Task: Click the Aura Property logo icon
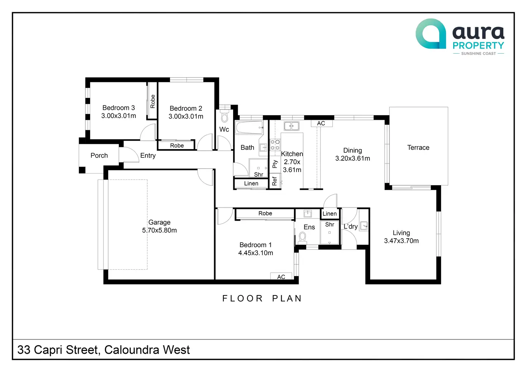431,34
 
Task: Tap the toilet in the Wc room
224,117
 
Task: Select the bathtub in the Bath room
250,127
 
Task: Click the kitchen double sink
291,126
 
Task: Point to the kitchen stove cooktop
275,145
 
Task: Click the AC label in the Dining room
321,123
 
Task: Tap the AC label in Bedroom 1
281,277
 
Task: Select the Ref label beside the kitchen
274,181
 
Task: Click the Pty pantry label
275,164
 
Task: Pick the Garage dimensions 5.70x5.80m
159,230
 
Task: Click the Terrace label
418,148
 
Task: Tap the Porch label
99,156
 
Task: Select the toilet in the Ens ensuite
302,238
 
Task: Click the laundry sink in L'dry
364,226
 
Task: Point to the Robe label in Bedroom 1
265,214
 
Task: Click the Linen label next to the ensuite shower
329,214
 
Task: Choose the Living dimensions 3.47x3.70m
401,241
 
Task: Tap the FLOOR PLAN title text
262,298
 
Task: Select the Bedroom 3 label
119,108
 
